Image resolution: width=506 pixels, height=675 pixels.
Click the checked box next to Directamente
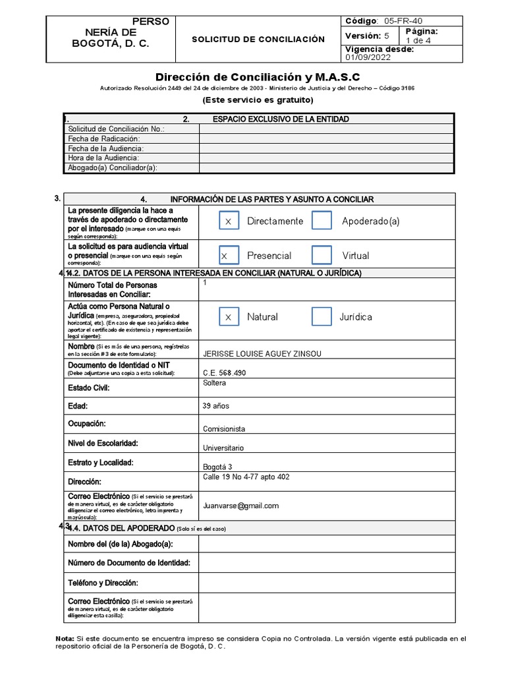coord(229,221)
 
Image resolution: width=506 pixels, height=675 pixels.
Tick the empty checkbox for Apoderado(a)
coord(322,221)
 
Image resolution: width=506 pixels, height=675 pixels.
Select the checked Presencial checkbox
coord(229,255)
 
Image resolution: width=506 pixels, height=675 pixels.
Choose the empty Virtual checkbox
coord(322,255)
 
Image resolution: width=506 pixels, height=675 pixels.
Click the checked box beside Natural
coord(229,317)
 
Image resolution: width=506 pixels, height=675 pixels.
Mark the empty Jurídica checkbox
coord(322,317)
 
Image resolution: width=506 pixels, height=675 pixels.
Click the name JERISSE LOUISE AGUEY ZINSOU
coord(262,354)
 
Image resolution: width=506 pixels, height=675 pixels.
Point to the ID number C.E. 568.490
coord(225,373)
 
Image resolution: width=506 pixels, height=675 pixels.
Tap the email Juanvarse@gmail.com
coord(241,506)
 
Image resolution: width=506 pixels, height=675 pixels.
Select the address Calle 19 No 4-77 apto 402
coord(246,477)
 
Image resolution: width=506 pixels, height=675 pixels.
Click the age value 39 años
coord(216,407)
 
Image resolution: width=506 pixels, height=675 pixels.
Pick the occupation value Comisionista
coord(224,429)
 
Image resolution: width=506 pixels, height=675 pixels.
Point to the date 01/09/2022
coord(367,57)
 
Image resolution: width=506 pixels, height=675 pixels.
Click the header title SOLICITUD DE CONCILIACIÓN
coord(258,40)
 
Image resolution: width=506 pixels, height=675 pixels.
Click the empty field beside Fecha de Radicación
coord(326,139)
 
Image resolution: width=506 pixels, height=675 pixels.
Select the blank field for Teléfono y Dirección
coord(326,583)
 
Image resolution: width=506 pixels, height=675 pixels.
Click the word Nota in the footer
coord(64,639)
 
